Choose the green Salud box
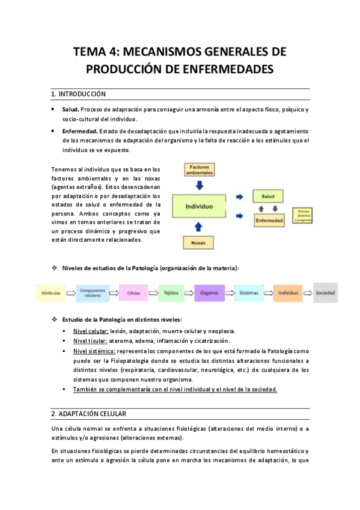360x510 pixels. pyautogui.click(x=267, y=196)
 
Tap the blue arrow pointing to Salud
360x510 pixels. pyautogui.click(x=240, y=196)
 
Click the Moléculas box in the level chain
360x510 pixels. pyautogui.click(x=51, y=293)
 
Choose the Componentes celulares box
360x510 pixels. pyautogui.click(x=92, y=293)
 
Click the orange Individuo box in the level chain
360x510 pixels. pyautogui.click(x=288, y=293)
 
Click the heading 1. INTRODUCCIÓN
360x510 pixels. pyautogui.click(x=78, y=94)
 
